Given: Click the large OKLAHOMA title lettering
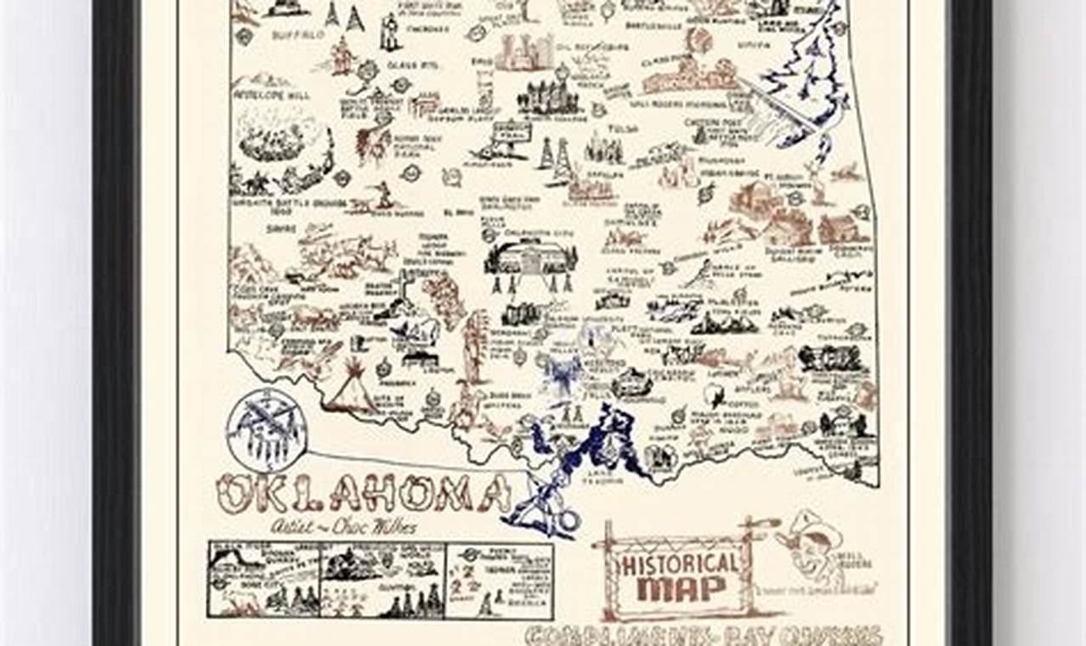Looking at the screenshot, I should tap(361, 493).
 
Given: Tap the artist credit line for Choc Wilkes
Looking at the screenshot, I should tap(344, 526).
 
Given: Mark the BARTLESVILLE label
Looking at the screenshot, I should tap(666, 26).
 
